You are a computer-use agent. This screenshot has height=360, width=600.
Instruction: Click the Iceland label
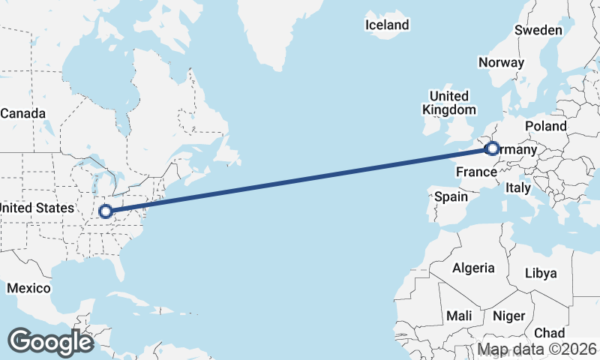[x=387, y=25]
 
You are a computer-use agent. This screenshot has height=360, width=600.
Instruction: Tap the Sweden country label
[x=538, y=30]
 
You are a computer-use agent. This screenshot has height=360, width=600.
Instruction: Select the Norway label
[x=501, y=62]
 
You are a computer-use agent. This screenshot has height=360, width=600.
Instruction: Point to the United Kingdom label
[x=449, y=103]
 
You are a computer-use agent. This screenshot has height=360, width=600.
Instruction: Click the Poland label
[x=546, y=126]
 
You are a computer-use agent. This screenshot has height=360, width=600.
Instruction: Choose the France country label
[x=477, y=172]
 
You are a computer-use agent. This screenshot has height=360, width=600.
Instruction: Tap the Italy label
[x=518, y=187]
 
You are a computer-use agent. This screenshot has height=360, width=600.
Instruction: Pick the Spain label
[x=451, y=197]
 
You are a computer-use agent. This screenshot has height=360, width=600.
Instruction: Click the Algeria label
[x=473, y=268]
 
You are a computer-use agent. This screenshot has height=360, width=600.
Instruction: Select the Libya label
[x=541, y=273]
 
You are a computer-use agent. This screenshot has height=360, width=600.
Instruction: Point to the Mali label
[x=459, y=316]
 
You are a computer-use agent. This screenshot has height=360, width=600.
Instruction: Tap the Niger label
[x=508, y=316]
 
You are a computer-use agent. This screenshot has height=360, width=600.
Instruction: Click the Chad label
[x=550, y=333]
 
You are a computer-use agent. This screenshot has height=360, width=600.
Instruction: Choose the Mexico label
[x=28, y=288]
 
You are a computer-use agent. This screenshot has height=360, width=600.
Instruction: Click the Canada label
[x=22, y=114]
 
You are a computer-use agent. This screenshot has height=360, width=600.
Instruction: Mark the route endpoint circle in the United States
[x=106, y=211]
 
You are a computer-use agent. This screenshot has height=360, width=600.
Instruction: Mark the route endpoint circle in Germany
[x=492, y=148]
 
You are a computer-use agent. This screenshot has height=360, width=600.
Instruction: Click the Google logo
[x=50, y=342]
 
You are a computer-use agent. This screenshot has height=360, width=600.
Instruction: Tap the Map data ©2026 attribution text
[x=537, y=349]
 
